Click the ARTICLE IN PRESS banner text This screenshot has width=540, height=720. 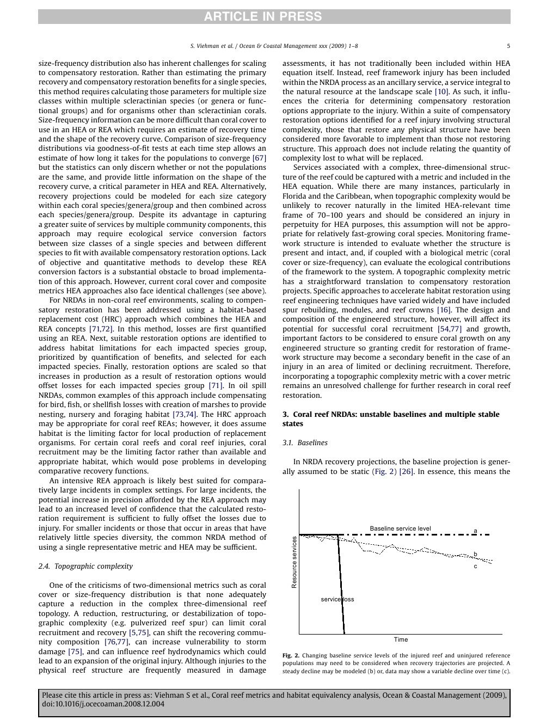pos(263,17)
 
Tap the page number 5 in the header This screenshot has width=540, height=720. pos(508,46)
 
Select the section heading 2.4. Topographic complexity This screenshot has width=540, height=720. pos(85,566)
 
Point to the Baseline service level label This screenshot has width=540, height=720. pos(400,528)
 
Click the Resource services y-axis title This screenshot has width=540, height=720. pos(294,562)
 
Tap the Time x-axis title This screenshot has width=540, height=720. pos(401,639)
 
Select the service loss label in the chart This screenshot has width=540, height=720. pos(337,599)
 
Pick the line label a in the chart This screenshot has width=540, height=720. pos(475,530)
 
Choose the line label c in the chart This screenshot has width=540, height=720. pos(475,567)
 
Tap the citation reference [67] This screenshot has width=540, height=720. pos(259,158)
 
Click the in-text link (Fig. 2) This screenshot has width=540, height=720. pos(384,471)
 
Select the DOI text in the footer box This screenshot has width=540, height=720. pos(103,704)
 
